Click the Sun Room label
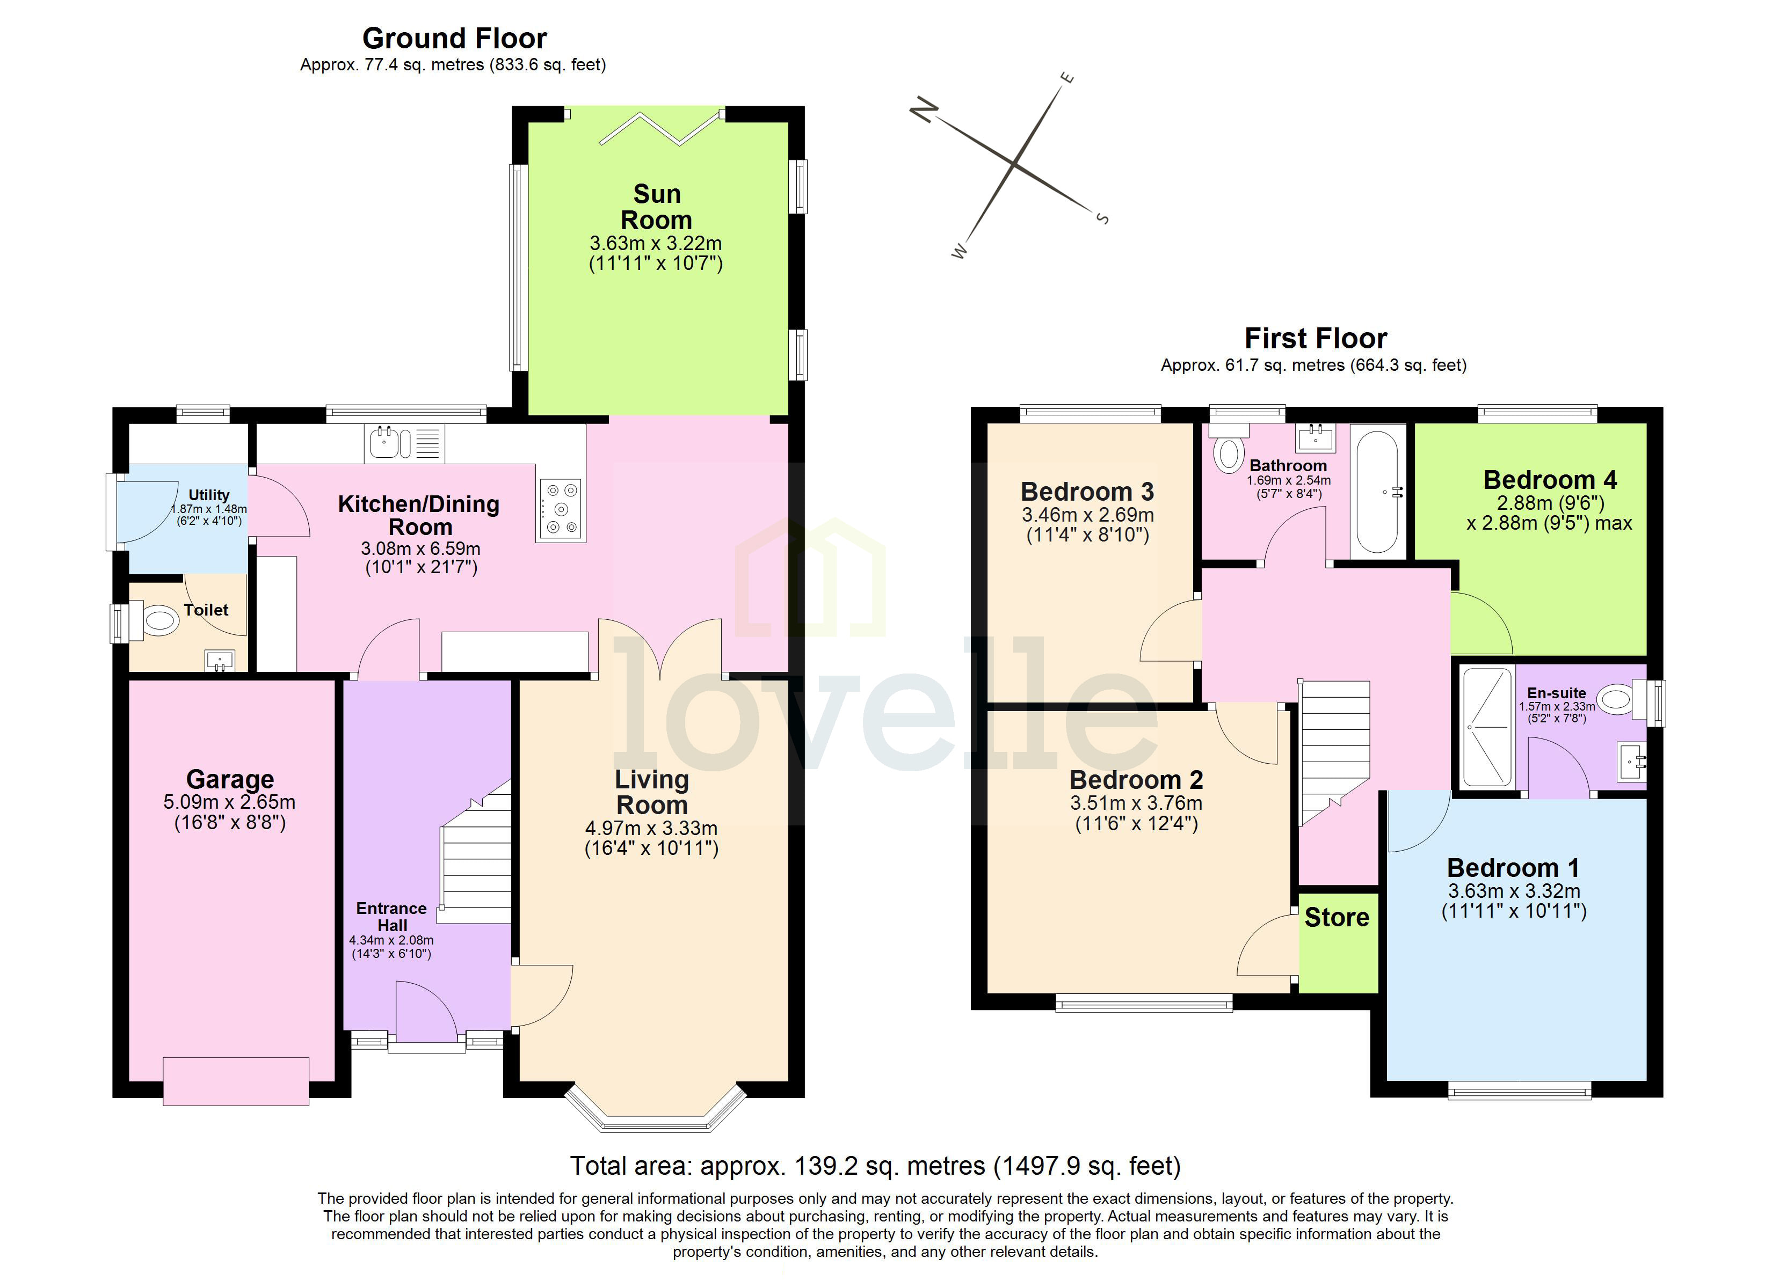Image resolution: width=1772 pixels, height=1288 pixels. click(656, 207)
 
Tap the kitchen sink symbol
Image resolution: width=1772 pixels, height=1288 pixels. click(384, 443)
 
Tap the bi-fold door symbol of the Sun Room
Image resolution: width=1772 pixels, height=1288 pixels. click(659, 129)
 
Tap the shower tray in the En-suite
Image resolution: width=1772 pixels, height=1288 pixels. click(1487, 727)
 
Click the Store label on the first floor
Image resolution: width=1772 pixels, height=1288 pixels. click(1337, 917)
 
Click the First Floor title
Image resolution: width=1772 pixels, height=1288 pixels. click(1315, 338)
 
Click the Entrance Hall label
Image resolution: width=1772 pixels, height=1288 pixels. click(391, 916)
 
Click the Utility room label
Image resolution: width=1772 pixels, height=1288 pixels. click(208, 495)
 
